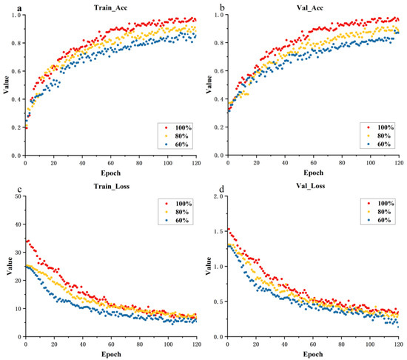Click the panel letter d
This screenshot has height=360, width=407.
(x=209, y=186)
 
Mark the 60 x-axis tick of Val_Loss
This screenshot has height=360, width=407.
(x=314, y=344)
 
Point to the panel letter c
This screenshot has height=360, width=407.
(x=6, y=186)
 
